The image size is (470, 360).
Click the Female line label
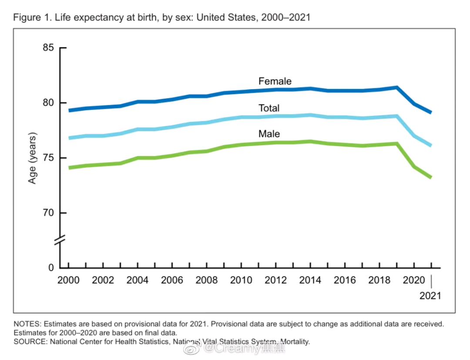click(275, 81)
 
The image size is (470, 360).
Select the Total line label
click(269, 108)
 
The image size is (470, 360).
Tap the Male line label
click(269, 134)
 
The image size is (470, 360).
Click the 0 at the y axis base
click(50, 268)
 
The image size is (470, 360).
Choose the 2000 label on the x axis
click(69, 280)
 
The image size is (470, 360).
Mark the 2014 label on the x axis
click(310, 280)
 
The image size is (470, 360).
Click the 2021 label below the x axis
click(430, 296)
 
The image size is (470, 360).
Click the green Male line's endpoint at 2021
click(431, 177)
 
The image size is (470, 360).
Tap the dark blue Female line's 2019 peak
click(396, 87)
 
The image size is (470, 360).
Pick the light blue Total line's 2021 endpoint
click(431, 145)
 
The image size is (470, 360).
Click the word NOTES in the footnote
click(27, 324)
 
